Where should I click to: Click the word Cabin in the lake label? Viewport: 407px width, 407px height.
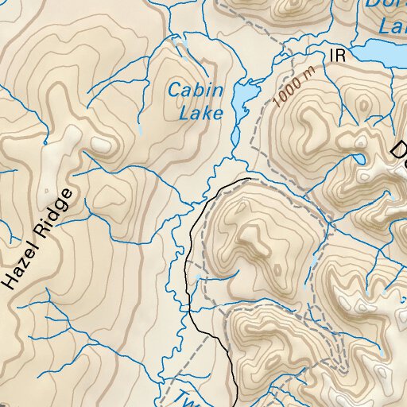pos(195,91)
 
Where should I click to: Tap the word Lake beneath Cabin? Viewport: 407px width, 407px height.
pos(200,114)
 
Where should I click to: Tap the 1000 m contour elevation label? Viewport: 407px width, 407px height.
pos(293,87)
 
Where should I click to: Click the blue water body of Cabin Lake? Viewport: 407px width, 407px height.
pos(242,99)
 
